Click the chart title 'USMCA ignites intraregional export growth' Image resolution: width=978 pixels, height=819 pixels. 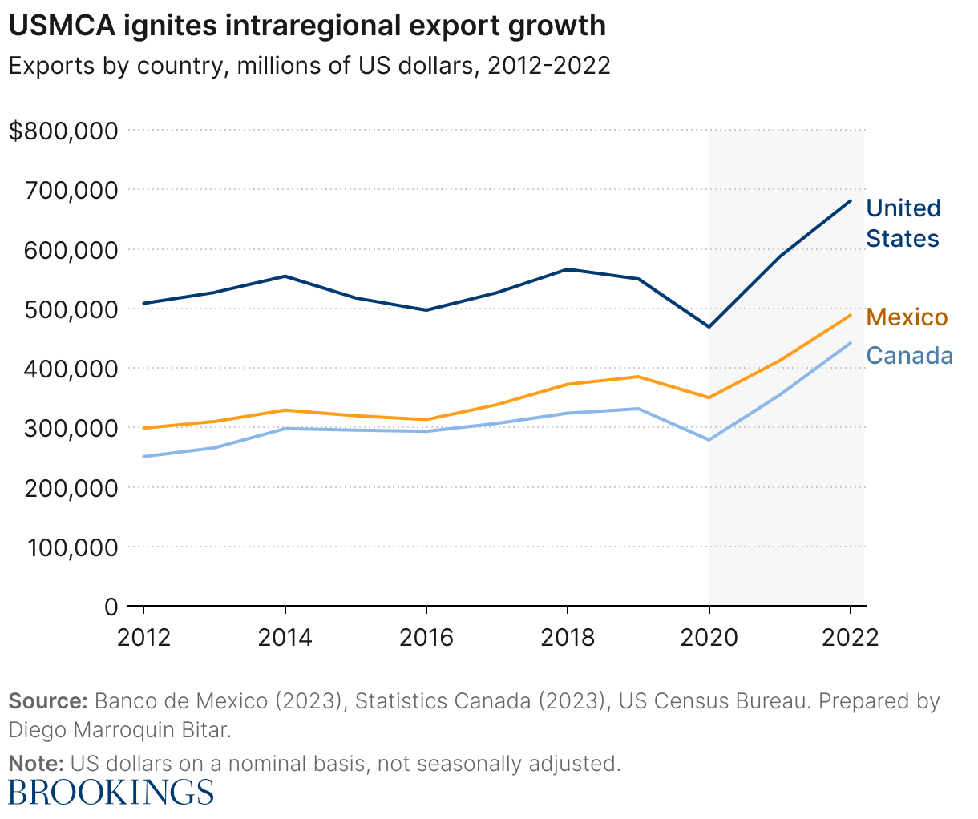(x=306, y=26)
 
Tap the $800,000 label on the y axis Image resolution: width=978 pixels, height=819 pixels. (x=63, y=131)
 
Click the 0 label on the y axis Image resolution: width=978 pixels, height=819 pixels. (x=111, y=607)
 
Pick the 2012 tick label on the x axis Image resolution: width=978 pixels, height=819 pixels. (x=143, y=638)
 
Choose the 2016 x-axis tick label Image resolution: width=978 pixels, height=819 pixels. (x=426, y=638)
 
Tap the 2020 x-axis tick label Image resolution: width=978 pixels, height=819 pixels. (x=709, y=638)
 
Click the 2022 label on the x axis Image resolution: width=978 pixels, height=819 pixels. (x=850, y=638)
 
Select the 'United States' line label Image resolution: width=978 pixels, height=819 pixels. (x=903, y=223)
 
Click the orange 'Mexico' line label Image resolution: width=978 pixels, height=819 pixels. (x=907, y=317)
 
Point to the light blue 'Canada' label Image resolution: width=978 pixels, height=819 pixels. (x=910, y=356)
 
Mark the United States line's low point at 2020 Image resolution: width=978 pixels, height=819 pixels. (x=709, y=327)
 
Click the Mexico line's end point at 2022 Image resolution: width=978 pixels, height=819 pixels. (x=851, y=314)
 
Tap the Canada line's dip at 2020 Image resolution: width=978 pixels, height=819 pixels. (x=709, y=440)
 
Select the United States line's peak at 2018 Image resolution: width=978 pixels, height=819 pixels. (x=568, y=269)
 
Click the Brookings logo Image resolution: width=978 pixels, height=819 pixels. (x=111, y=792)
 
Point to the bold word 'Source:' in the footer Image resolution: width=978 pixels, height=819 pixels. (x=47, y=701)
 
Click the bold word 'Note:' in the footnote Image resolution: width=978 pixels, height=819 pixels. (x=36, y=763)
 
